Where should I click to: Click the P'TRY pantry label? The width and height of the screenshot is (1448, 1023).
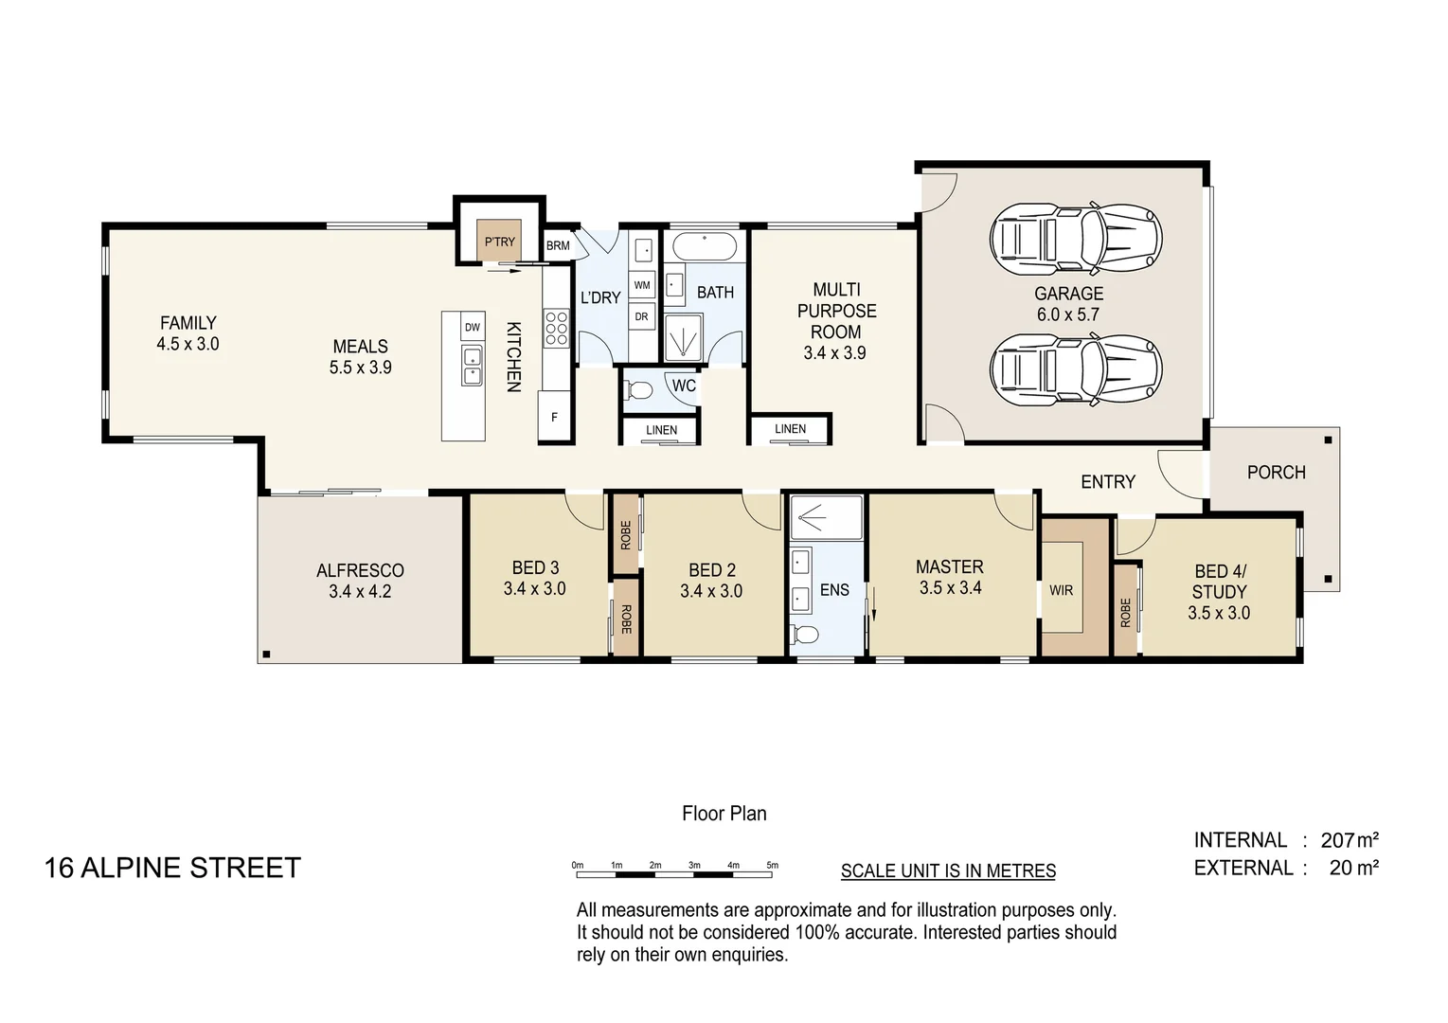[499, 242]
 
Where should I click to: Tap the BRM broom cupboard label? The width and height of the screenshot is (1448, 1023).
[558, 245]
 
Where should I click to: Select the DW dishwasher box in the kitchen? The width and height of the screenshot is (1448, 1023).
[472, 327]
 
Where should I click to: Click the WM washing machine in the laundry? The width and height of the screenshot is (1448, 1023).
[642, 285]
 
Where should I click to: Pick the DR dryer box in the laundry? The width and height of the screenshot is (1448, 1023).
[642, 316]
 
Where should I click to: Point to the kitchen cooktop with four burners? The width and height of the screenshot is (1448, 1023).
[556, 327]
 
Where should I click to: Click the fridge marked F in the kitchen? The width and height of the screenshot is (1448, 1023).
[555, 417]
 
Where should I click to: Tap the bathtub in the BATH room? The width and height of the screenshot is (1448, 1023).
[705, 247]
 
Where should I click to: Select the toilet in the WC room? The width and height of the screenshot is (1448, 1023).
[639, 389]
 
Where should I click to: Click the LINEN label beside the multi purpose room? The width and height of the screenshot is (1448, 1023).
[790, 429]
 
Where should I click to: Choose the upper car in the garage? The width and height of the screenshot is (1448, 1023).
[1076, 237]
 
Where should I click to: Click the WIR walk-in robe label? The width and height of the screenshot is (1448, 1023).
[1061, 590]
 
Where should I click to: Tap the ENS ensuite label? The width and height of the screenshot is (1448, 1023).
[834, 590]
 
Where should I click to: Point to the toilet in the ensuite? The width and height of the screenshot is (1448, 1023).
[805, 634]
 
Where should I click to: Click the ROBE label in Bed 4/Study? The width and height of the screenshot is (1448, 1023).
[1125, 612]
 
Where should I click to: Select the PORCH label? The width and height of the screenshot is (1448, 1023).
[1276, 472]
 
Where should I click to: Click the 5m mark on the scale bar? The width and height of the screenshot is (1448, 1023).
[773, 865]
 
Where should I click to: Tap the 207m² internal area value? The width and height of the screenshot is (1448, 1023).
[1350, 840]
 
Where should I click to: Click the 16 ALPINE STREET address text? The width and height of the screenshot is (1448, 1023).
[172, 868]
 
